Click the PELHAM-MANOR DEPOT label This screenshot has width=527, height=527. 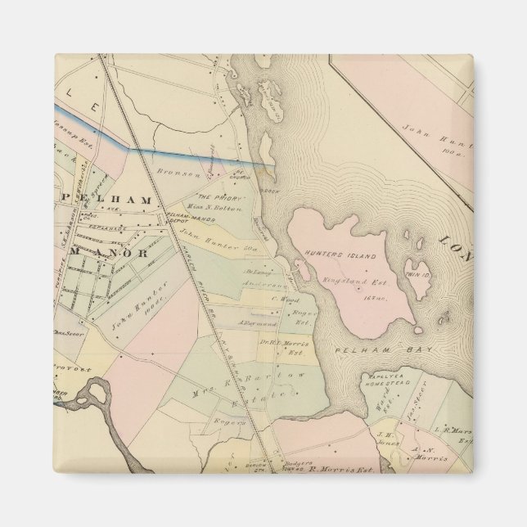(x=182, y=220)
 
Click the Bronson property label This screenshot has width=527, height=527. (x=185, y=174)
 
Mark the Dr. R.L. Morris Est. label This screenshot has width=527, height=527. (x=283, y=346)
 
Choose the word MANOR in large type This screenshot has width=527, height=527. (x=111, y=253)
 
